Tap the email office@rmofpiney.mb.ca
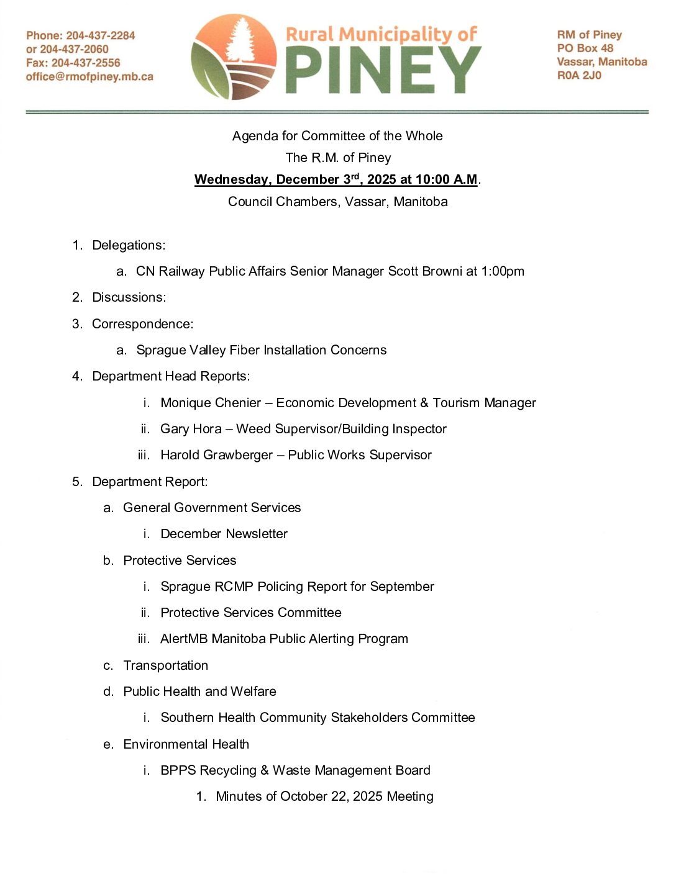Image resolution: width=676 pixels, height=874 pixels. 89,77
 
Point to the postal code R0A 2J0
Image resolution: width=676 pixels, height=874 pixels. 579,75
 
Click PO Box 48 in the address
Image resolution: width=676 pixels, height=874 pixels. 585,48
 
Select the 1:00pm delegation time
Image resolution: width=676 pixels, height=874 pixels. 503,271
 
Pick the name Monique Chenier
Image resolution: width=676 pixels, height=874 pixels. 211,403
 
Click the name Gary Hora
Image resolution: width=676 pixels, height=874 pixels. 191,429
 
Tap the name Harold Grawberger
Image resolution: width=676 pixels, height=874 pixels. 216,455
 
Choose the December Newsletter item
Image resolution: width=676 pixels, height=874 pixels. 224,534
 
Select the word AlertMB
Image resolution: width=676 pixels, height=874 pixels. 184,639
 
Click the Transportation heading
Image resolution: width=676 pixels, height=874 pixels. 165,665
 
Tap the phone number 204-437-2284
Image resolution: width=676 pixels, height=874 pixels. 101,35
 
